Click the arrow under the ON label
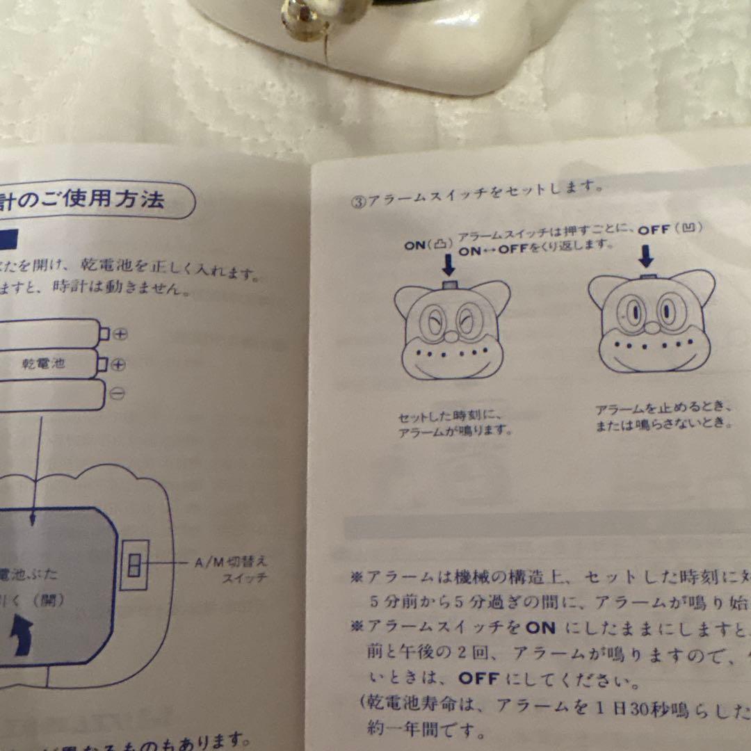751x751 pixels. (448, 265)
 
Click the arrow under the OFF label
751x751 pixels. (646, 257)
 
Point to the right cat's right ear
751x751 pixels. (700, 285)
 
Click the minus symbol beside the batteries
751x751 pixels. (118, 394)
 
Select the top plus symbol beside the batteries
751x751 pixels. (120, 334)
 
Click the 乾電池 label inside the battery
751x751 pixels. (43, 364)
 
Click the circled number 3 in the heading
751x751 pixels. (358, 202)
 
